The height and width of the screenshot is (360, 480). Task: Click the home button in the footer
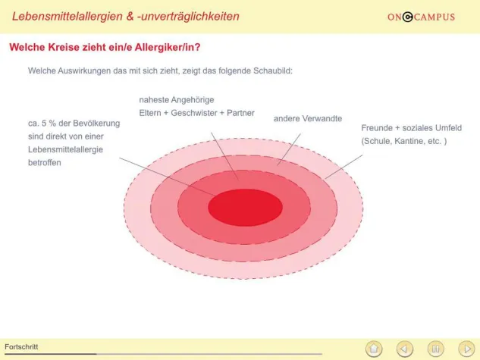tap(373, 348)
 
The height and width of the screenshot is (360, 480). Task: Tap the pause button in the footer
tap(435, 348)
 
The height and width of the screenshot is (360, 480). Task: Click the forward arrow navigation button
tap(466, 348)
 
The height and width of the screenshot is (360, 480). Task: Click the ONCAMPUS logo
tap(421, 17)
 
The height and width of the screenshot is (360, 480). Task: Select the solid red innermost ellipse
tap(245, 207)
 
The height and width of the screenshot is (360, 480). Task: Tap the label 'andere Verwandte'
tap(307, 119)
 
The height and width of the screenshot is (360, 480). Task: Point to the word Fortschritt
tap(21, 347)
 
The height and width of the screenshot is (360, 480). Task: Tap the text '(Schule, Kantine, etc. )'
tap(404, 141)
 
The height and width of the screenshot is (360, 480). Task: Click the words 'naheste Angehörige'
tap(177, 99)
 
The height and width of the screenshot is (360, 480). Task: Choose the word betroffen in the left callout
tap(44, 162)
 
